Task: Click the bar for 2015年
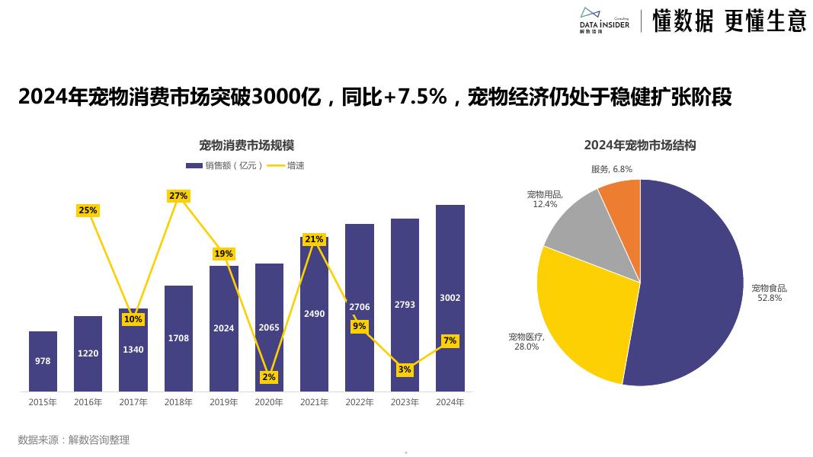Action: click(x=43, y=361)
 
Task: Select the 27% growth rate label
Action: click(x=178, y=196)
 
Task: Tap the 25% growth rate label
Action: click(x=88, y=210)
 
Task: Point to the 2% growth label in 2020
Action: click(x=268, y=377)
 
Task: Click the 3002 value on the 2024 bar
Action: click(x=450, y=298)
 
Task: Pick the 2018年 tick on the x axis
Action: click(x=178, y=402)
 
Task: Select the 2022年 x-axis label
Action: click(x=360, y=402)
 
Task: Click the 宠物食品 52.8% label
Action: click(x=770, y=292)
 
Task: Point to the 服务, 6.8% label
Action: click(x=611, y=169)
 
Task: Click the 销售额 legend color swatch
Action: click(x=194, y=166)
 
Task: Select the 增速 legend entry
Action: click(x=286, y=166)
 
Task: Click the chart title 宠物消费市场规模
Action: click(x=246, y=145)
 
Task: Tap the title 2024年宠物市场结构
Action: click(x=640, y=145)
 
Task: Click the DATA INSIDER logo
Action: click(x=604, y=21)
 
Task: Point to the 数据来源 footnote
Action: click(x=74, y=440)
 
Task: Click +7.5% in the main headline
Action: click(x=415, y=97)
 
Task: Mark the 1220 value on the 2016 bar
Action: click(x=88, y=353)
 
